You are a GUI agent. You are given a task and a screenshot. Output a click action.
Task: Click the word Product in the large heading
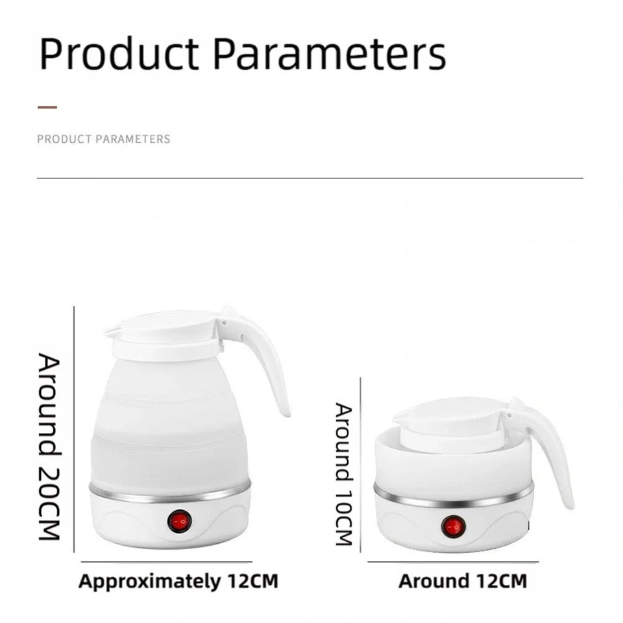click(x=119, y=55)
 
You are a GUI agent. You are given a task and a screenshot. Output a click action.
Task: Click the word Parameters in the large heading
click(x=330, y=55)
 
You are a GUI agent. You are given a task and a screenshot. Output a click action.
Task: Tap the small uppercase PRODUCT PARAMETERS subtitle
click(x=104, y=139)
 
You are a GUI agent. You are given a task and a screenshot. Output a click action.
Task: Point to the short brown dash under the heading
click(x=47, y=107)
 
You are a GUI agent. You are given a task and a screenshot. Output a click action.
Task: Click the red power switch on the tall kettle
click(x=179, y=521)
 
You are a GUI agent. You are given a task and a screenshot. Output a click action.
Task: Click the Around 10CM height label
click(x=343, y=474)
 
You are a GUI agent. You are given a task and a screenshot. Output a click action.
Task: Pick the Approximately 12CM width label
click(x=178, y=581)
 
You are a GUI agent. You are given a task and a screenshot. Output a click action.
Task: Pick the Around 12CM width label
click(x=462, y=581)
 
